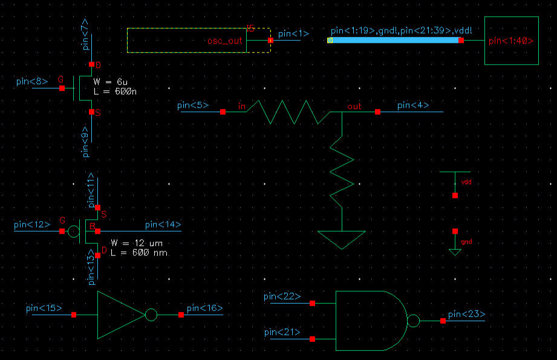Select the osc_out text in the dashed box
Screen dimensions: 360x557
click(x=224, y=41)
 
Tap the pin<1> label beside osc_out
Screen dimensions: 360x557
click(x=293, y=33)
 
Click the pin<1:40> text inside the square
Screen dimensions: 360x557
click(x=510, y=41)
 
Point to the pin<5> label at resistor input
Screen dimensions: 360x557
click(x=194, y=105)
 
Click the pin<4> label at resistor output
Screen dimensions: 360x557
click(x=413, y=105)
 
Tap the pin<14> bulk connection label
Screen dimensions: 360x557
click(x=163, y=224)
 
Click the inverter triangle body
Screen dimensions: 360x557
click(x=119, y=315)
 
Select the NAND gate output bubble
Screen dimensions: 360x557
click(x=413, y=321)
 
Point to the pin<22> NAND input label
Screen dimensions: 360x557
click(x=282, y=296)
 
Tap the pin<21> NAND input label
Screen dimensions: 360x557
click(x=282, y=332)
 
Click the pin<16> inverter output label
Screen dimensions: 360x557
click(x=204, y=308)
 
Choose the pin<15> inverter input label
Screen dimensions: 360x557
click(x=44, y=308)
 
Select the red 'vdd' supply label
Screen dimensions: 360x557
click(x=466, y=182)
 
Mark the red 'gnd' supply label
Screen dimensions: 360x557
click(x=466, y=242)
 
